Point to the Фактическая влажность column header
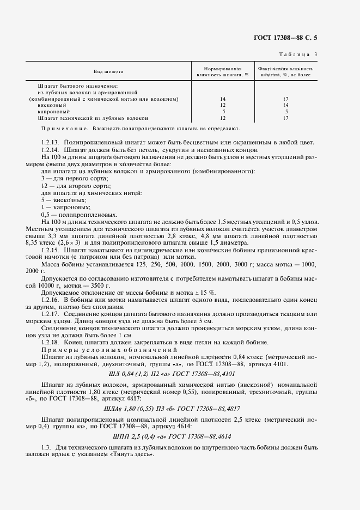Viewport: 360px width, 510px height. (285, 72)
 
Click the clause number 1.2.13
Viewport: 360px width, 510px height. (51, 143)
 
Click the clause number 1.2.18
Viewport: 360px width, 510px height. (51, 342)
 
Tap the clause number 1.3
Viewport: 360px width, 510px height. (45, 447)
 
